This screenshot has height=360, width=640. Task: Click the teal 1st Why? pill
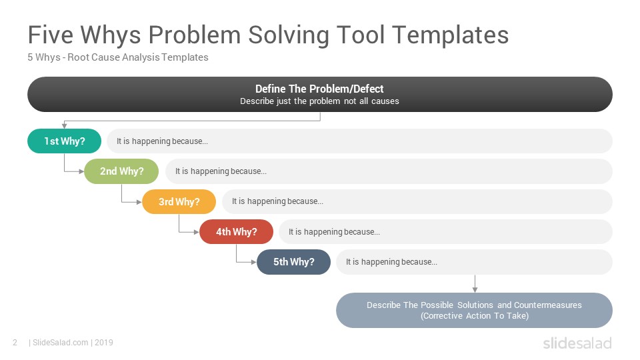64,141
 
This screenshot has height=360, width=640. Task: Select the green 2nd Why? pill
121,171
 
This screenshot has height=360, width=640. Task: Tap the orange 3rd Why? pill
179,201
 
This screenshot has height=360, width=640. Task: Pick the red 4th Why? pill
236,232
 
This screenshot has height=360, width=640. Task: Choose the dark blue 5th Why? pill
293,262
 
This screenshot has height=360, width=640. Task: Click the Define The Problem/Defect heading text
319,89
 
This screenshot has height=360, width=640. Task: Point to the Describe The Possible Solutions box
474,310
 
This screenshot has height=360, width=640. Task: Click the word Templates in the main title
451,35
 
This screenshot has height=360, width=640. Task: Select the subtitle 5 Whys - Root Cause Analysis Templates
118,57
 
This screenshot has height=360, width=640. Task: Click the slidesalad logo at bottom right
577,343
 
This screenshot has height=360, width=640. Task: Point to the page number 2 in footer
15,343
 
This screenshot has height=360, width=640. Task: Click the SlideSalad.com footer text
61,343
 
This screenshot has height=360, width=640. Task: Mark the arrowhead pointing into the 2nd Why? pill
81,171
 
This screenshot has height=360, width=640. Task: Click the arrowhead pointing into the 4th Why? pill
197,232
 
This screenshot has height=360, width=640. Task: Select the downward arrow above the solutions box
475,284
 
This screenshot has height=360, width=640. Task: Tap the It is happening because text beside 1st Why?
162,141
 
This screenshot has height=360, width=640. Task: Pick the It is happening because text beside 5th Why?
391,262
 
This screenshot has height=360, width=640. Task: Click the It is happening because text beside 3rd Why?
277,201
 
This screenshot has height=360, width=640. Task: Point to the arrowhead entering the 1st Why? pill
64,127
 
